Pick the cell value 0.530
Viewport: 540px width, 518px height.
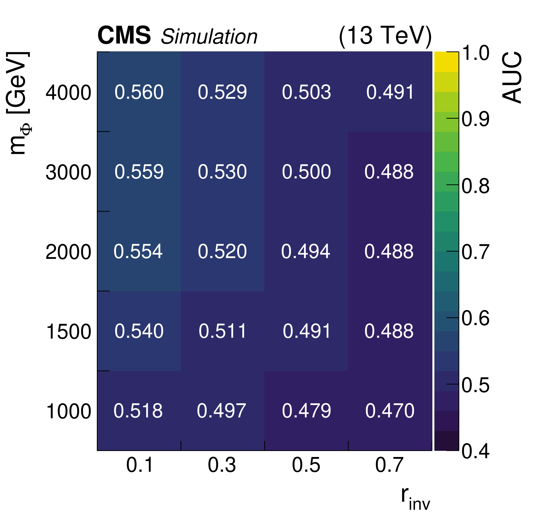coord(222,172)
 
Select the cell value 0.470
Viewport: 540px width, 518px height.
coord(390,411)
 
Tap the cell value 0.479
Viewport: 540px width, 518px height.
coord(306,411)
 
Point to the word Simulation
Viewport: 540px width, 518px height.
coord(209,37)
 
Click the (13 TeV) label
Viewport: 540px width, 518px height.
coord(385,36)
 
